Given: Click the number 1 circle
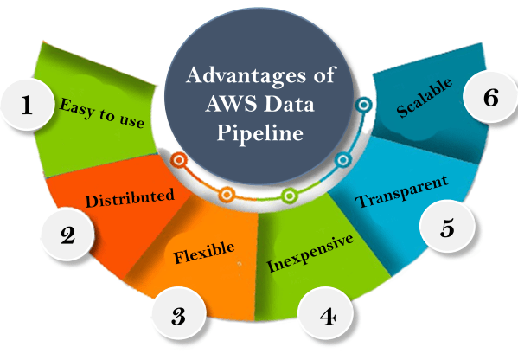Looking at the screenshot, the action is click(x=27, y=105).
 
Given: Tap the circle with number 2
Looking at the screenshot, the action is click(x=67, y=235).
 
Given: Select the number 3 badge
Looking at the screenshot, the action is click(x=179, y=313).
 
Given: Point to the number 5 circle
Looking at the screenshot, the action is click(x=447, y=227).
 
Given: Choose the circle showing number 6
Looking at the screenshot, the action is click(x=490, y=97).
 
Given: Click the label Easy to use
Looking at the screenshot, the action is click(x=102, y=113).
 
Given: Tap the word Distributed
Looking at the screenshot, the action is click(x=130, y=197).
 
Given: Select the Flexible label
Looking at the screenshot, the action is click(x=204, y=253).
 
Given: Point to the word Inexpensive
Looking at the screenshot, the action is click(x=310, y=253).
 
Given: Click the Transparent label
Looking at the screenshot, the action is click(x=402, y=192).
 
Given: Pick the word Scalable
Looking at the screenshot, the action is click(x=425, y=98).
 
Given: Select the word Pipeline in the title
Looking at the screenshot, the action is click(x=259, y=133).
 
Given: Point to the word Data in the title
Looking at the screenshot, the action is click(x=289, y=104).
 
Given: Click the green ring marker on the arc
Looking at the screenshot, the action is click(x=290, y=196).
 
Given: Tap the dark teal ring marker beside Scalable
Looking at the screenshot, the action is click(x=364, y=105).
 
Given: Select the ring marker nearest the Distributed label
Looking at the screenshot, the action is click(x=179, y=160).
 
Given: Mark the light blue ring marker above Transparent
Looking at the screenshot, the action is click(x=343, y=160).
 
